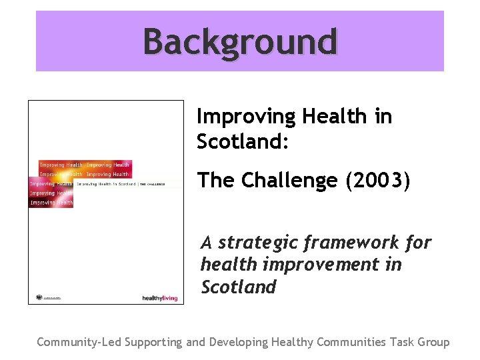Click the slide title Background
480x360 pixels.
pos(240,41)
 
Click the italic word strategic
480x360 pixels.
pos(257,243)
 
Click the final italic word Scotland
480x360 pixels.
pos(238,287)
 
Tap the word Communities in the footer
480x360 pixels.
pos(351,342)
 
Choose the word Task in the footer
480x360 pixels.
pos(402,342)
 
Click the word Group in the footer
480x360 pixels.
pos(433,343)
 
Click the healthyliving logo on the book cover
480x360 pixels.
pos(160,298)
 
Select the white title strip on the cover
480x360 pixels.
pos(127,183)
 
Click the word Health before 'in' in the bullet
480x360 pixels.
pos(334,117)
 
